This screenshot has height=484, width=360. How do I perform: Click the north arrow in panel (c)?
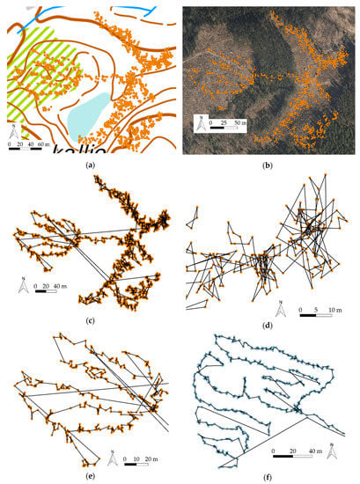(x=25, y=287)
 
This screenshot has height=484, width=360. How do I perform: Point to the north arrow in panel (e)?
(x=112, y=458)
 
